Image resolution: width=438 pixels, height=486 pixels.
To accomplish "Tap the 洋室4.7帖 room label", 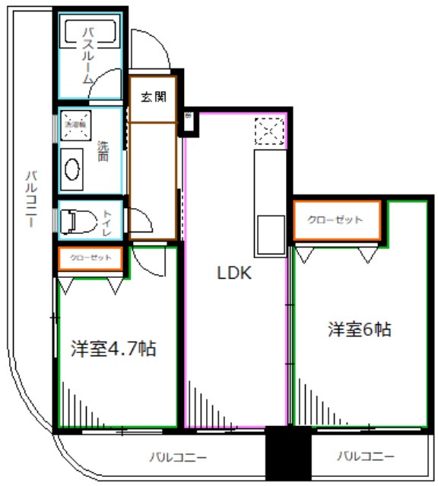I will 114,349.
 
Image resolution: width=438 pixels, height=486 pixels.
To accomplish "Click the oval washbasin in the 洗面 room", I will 74,168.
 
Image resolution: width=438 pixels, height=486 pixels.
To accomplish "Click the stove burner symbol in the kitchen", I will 271,132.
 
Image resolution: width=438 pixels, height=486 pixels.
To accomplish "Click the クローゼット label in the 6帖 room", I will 335,220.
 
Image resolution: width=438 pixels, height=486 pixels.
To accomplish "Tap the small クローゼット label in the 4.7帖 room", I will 90,258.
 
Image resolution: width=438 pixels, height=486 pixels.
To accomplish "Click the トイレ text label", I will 107,222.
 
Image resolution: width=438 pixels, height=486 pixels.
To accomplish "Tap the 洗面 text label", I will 103,151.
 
